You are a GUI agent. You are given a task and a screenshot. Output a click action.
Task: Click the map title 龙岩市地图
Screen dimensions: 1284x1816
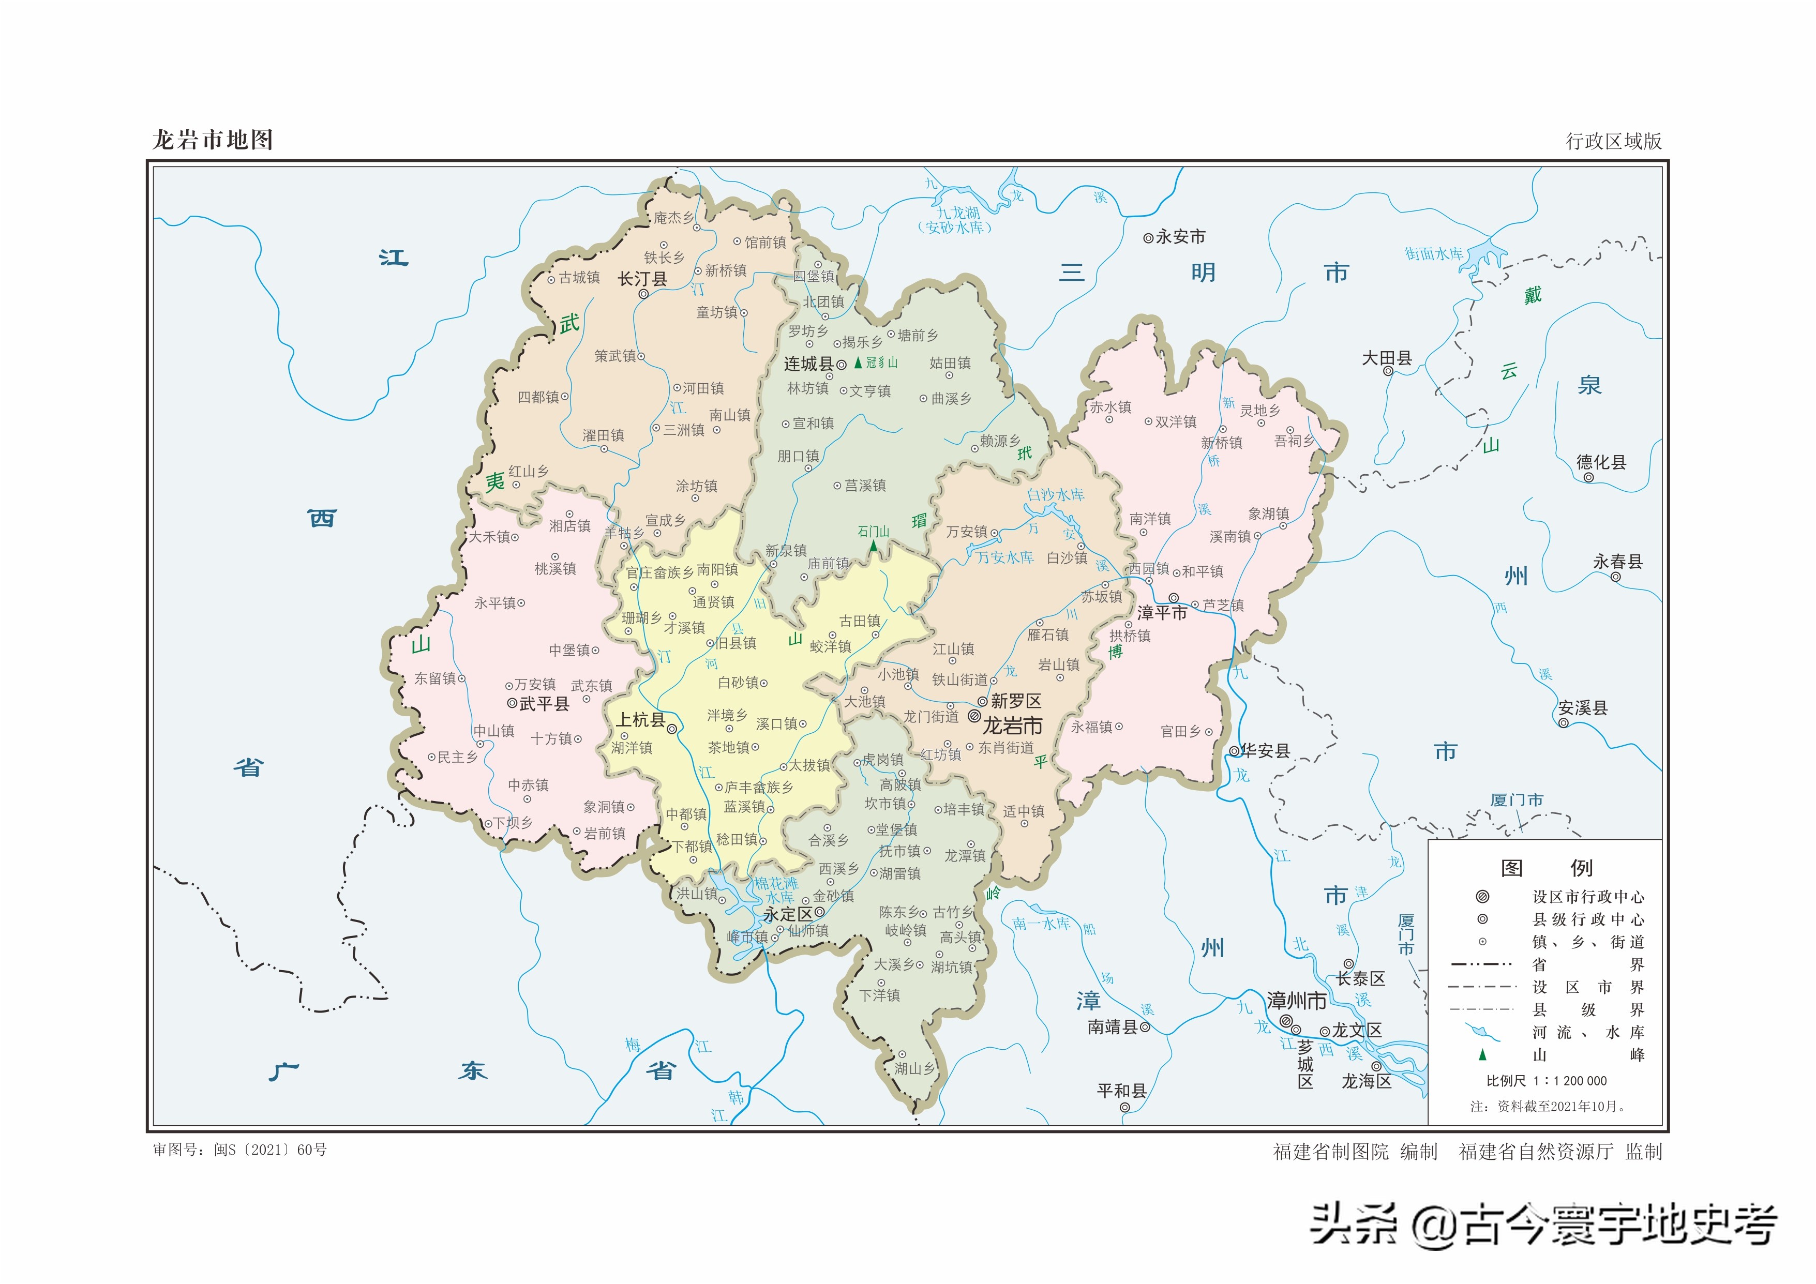[x=212, y=140]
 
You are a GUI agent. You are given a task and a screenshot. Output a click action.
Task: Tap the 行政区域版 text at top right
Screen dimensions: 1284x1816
[x=1614, y=141]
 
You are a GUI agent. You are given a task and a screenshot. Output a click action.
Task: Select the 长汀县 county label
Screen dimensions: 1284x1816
[x=641, y=279]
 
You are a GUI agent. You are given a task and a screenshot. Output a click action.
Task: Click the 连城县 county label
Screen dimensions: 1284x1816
[x=808, y=364]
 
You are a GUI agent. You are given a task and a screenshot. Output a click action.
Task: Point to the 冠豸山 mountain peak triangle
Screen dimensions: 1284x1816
[x=858, y=363]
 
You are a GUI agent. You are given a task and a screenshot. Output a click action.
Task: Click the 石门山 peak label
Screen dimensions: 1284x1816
[x=873, y=531]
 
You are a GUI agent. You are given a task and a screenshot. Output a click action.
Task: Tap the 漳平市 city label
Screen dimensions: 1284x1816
[x=1162, y=613]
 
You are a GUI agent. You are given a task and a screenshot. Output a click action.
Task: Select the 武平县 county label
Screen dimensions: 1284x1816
[x=544, y=704]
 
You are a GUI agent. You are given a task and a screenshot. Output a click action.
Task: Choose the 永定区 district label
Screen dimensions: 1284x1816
[x=788, y=914]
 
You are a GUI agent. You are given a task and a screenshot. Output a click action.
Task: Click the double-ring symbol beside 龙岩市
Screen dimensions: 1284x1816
[x=974, y=716]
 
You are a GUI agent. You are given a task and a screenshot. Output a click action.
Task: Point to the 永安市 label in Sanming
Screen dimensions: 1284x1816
[x=1180, y=236]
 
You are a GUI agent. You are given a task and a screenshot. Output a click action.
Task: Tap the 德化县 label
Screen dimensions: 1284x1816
[x=1601, y=462]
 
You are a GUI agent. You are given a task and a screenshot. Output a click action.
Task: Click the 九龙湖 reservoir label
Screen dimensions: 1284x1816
[x=958, y=213]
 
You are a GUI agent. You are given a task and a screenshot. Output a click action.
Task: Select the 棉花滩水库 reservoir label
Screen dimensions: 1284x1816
[x=775, y=890]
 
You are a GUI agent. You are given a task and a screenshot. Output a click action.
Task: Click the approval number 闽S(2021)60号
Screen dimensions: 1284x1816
[x=269, y=1150]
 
